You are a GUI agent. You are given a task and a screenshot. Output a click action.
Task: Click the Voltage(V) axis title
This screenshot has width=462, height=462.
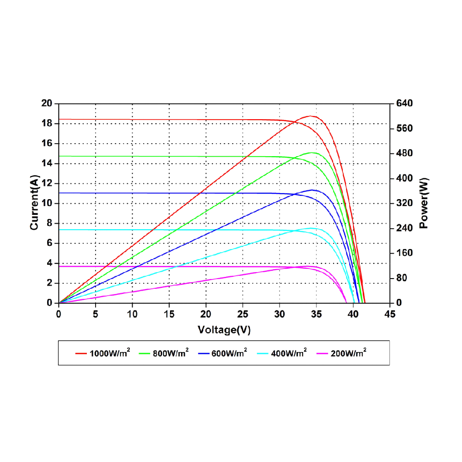click(224, 330)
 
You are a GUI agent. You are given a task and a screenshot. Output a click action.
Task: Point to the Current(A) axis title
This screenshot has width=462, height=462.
click(34, 203)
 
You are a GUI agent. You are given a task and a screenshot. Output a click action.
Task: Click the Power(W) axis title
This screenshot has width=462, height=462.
click(424, 203)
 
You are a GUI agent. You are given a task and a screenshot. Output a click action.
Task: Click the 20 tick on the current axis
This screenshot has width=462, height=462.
click(47, 103)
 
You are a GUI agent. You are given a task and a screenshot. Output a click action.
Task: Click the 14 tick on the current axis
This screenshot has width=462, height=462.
click(47, 164)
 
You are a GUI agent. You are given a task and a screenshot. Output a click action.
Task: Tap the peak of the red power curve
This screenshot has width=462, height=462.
click(311, 116)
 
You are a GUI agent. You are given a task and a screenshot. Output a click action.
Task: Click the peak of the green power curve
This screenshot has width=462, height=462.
click(312, 152)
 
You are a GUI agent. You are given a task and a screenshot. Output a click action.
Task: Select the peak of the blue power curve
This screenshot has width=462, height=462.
click(313, 190)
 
